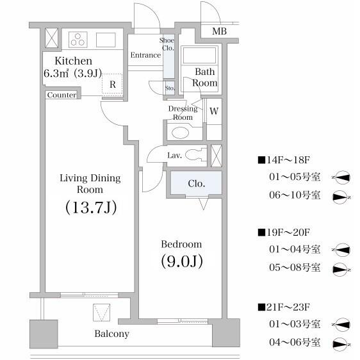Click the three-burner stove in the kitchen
[x=78, y=40]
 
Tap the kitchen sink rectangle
[x=106, y=40]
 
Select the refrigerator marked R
[x=112, y=83]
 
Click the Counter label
[x=61, y=95]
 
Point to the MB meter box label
[x=219, y=31]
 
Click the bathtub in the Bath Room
[x=199, y=55]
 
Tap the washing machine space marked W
[x=214, y=111]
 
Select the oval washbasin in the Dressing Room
[x=180, y=133]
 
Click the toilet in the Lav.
[x=195, y=154]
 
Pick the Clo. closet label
[x=196, y=183]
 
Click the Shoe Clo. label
[x=167, y=44]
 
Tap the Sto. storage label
[x=170, y=88]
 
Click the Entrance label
[x=145, y=55]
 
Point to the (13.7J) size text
[x=91, y=207]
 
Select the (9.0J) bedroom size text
[x=182, y=261]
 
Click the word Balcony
[x=112, y=334]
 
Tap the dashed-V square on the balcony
[x=101, y=313]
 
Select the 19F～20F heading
[x=284, y=233]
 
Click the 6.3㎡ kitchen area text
[x=56, y=74]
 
